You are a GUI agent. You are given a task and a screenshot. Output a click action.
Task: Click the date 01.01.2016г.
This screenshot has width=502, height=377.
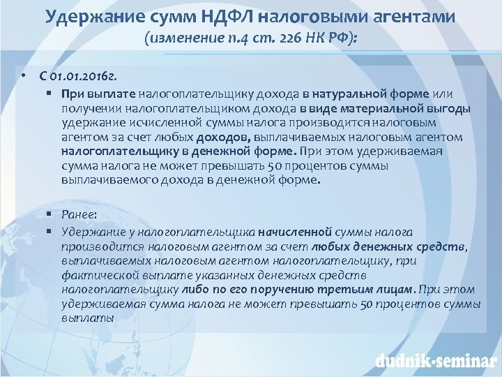pos(91,75)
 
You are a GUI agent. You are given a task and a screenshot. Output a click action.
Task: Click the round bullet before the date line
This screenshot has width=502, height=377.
pos(23,75)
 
